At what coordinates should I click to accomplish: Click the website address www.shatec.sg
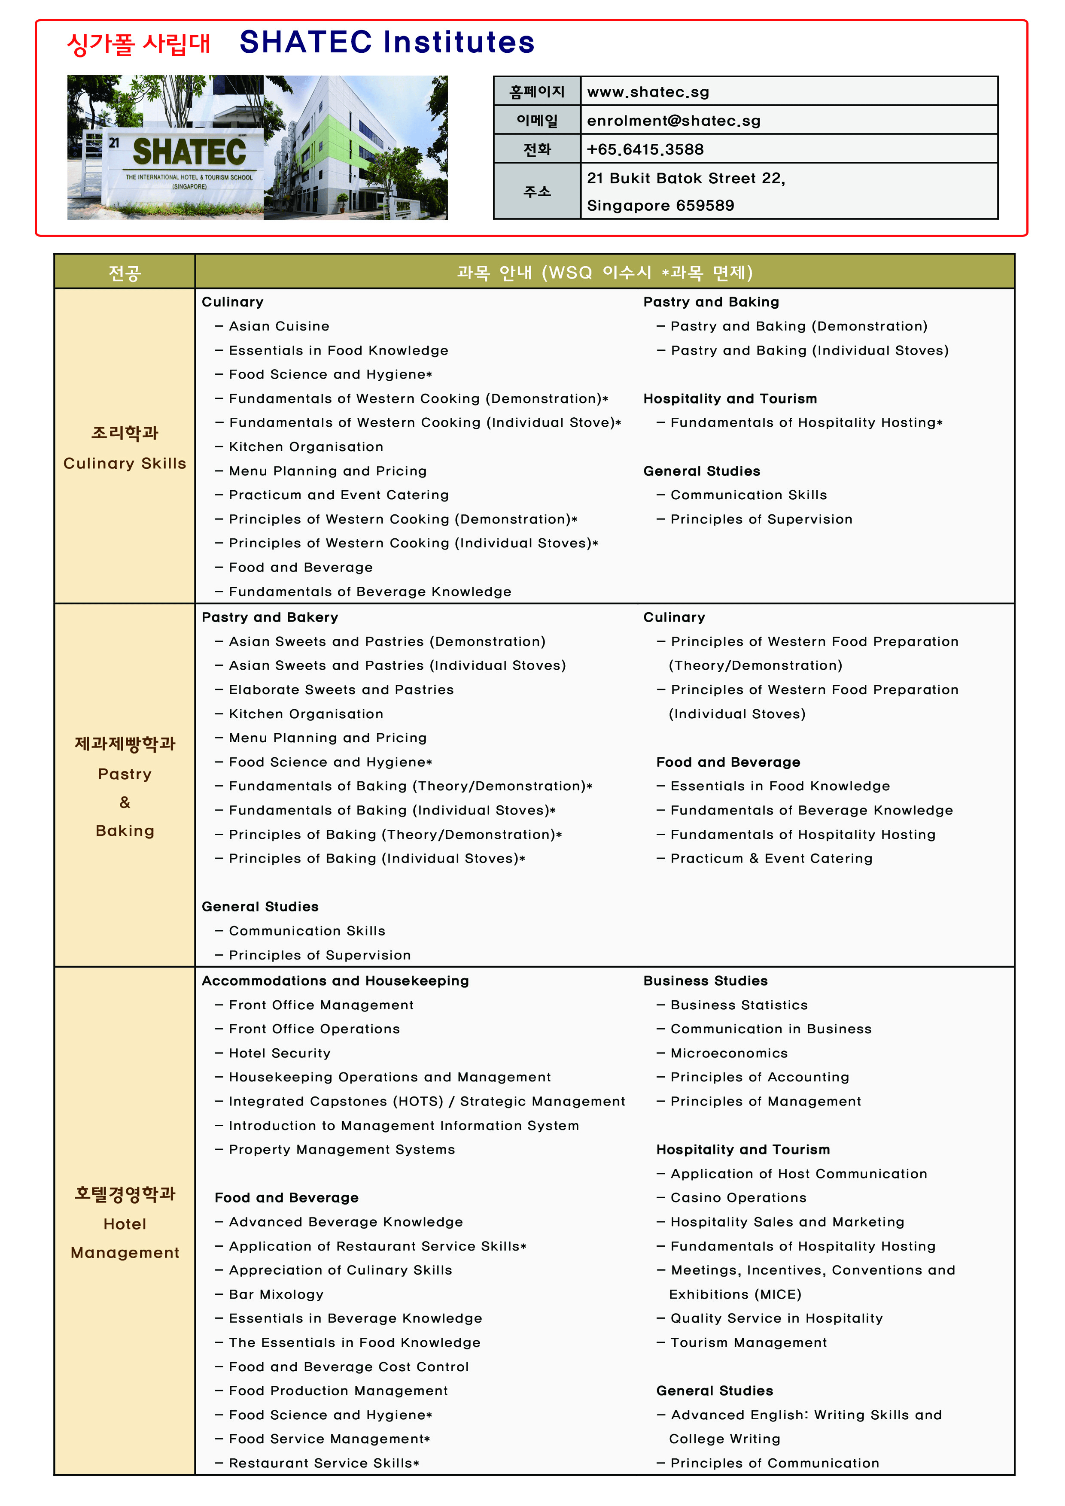[x=648, y=92]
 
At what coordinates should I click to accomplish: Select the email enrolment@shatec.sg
[x=673, y=121]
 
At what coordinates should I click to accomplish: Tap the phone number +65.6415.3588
[x=645, y=149]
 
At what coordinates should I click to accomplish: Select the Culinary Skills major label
[x=125, y=463]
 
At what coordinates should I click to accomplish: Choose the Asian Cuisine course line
[x=279, y=326]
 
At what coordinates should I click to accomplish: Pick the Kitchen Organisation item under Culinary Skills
[x=306, y=446]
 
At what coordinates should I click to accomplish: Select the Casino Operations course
[x=738, y=1198]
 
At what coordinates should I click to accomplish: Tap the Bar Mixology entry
[x=276, y=1294]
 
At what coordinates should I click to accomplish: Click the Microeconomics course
[x=729, y=1053]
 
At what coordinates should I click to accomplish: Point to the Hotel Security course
[x=280, y=1053]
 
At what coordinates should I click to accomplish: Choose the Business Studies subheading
[x=706, y=981]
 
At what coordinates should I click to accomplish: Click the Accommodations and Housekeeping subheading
[x=335, y=981]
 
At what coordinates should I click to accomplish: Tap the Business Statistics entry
[x=739, y=1005]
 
